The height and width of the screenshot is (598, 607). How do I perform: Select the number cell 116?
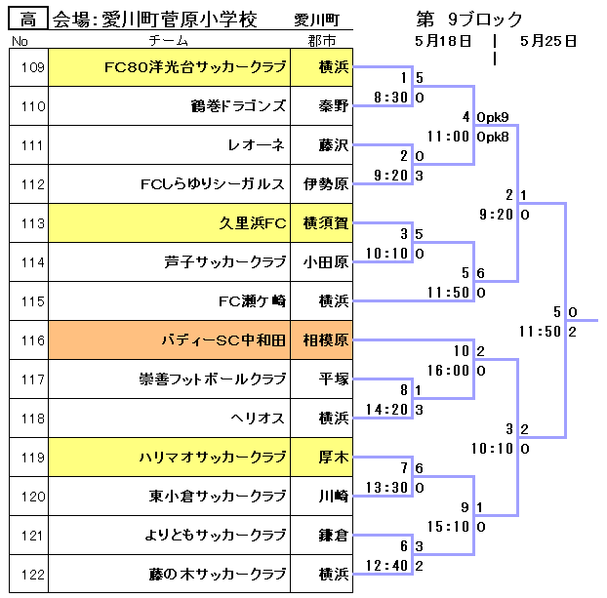pos(32,340)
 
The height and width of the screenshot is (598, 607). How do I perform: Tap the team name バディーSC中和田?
pos(223,340)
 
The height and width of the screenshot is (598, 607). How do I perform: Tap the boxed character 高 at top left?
pos(27,20)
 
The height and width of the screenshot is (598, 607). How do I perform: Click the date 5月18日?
pos(444,41)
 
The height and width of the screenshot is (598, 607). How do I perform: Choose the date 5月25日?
pos(548,41)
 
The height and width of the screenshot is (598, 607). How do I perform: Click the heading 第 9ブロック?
pos(469,20)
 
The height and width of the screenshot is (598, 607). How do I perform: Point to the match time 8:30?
pos(390,98)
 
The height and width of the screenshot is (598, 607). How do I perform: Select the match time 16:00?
pos(449,371)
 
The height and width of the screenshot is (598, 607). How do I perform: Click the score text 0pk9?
pos(493,117)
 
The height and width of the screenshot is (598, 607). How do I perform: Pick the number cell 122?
pos(32,575)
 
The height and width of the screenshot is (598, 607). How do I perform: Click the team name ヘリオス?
pos(258,419)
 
